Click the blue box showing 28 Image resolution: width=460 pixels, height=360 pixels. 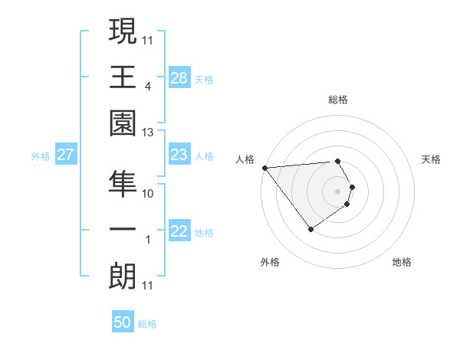pos(179,78)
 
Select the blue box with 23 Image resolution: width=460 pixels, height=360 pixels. pos(179,155)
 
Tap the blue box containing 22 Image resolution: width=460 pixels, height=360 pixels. pos(179,232)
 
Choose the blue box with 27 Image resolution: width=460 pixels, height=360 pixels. pos(66,155)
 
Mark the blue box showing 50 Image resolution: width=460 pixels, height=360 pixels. pos(123,322)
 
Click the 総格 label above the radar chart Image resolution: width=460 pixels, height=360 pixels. pos(338,100)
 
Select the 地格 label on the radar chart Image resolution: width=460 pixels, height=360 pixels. pos(402,262)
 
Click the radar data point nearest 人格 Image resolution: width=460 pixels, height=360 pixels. pos(264,167)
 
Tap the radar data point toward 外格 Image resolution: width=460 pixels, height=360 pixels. pos(310,229)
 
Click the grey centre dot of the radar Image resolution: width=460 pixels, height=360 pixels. pos(338,191)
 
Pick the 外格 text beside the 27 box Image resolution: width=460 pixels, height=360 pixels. pos(41,156)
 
